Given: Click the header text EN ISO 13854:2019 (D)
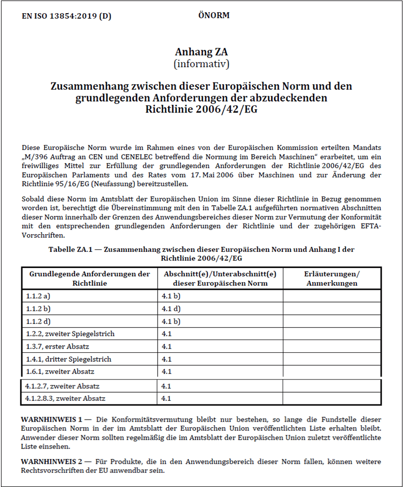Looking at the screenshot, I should tap(66, 16).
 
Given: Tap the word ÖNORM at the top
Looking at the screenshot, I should tap(213, 15).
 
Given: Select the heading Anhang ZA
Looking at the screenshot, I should tap(201, 52).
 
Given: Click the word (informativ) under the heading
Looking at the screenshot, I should tap(201, 64).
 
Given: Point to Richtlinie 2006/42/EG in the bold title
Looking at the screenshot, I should tap(201, 109).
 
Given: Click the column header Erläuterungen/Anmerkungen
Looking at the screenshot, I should tap(332, 279).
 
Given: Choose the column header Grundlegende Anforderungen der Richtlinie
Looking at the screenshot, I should tap(90, 279).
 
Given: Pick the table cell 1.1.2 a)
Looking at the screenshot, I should tap(39, 296).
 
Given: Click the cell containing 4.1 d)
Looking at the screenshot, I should tap(171, 309).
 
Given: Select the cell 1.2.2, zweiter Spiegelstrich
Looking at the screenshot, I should tap(70, 334).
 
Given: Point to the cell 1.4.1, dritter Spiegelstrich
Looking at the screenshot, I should tap(68, 359).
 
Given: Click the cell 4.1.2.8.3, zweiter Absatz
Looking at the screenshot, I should tap(65, 399).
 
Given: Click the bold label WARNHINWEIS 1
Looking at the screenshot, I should tap(51, 420).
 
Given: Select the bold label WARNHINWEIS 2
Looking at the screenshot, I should tap(51, 462).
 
